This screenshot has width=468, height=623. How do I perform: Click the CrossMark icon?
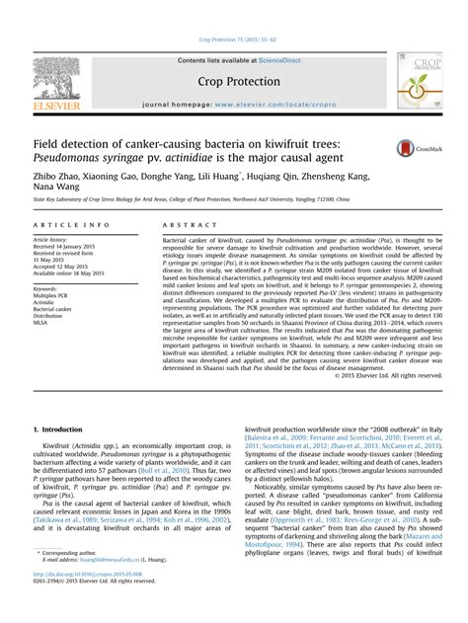click(409, 148)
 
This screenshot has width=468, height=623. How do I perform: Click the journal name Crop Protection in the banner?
click(234, 82)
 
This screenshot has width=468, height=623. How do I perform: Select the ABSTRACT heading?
click(184, 225)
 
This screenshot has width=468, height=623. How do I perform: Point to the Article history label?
click(50, 239)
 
